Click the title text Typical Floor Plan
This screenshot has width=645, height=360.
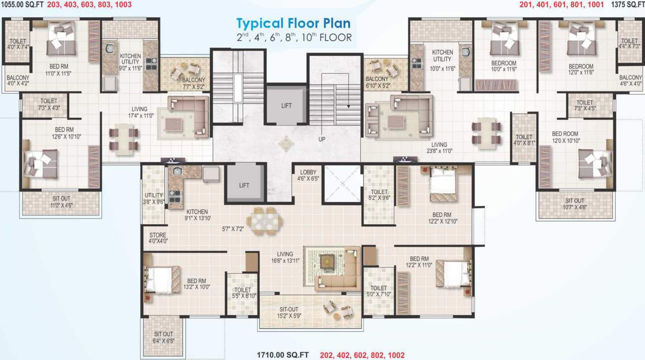point(293,23)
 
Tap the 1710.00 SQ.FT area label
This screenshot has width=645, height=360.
point(282,355)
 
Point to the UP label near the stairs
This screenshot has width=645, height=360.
point(322,139)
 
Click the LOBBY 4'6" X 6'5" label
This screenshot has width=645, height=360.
point(308,175)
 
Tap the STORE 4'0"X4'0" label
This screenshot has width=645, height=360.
point(158,238)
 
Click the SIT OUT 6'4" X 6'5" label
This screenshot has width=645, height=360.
point(164,337)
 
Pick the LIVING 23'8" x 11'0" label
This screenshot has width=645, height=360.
point(439,148)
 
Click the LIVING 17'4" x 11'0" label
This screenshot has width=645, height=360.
point(139,112)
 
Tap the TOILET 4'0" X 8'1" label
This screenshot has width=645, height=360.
point(524,140)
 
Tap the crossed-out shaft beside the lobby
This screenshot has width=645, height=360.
point(342,183)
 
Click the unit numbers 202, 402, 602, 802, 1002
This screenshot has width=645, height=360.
point(362,355)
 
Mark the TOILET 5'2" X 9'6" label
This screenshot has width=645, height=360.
point(379,194)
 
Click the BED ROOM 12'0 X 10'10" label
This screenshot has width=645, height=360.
point(565,137)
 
